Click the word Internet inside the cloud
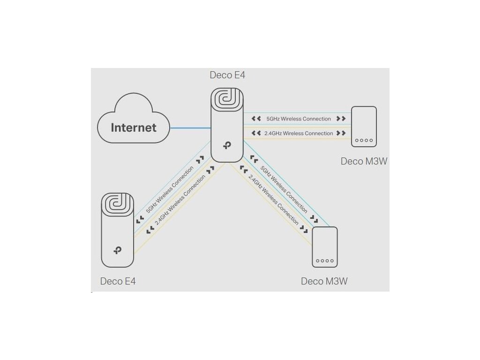(x=134, y=127)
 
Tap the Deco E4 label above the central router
(x=227, y=75)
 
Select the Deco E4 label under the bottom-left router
(x=118, y=281)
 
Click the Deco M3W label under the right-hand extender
(x=364, y=161)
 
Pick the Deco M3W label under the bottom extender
(x=324, y=281)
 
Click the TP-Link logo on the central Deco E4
(x=227, y=145)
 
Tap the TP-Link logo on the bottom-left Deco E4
(x=118, y=250)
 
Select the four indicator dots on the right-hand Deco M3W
(x=364, y=140)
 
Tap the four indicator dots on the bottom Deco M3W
(x=325, y=261)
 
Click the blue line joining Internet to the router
(x=190, y=127)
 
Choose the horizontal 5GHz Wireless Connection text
(x=299, y=119)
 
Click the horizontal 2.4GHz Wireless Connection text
(x=299, y=133)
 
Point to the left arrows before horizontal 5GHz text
(x=256, y=119)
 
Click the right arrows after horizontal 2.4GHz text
(x=341, y=133)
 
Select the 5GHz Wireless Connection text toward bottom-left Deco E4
(x=170, y=189)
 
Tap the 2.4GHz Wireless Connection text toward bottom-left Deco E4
(x=180, y=200)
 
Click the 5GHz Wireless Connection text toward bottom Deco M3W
(x=284, y=189)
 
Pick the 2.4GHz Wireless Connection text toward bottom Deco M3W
(x=273, y=200)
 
